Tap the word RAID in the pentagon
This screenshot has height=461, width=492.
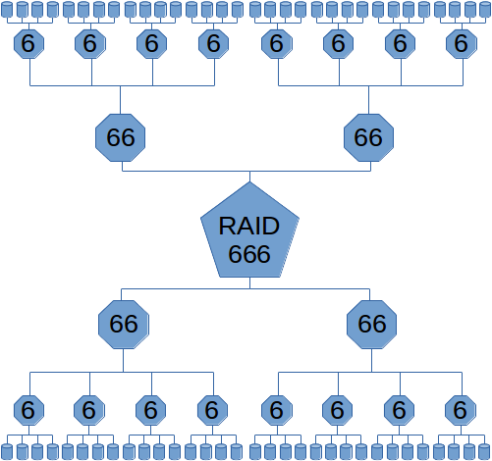[x=249, y=226]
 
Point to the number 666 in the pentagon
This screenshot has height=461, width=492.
[x=249, y=254]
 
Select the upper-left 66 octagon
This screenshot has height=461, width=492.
[x=121, y=137]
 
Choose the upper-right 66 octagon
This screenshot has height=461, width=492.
[x=368, y=137]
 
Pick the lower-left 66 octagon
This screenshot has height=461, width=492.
[x=124, y=324]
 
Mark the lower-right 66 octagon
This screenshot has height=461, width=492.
[x=372, y=324]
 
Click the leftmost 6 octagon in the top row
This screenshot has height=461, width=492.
[x=29, y=44]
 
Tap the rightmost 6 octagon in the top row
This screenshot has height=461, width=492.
[x=460, y=44]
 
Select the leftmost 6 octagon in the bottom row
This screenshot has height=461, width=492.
[x=29, y=409]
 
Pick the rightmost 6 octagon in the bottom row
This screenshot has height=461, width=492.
[x=459, y=409]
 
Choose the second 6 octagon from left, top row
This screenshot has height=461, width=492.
[x=90, y=44]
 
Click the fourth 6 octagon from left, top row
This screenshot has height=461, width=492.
[x=212, y=44]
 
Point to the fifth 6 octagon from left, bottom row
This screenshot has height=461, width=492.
[x=277, y=409]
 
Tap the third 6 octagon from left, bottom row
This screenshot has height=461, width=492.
[x=150, y=409]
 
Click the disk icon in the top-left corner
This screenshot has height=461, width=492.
[x=7, y=10]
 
